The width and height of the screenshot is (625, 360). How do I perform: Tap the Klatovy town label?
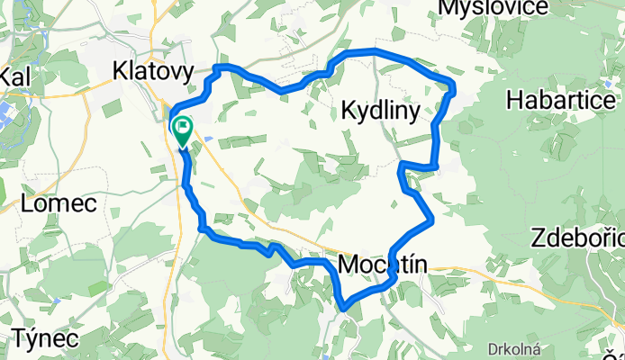[x=149, y=68]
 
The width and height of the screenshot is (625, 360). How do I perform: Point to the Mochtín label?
[x=384, y=264]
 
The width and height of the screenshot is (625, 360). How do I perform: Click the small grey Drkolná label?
[x=514, y=347]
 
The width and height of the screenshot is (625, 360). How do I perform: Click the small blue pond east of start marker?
[x=209, y=139]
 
